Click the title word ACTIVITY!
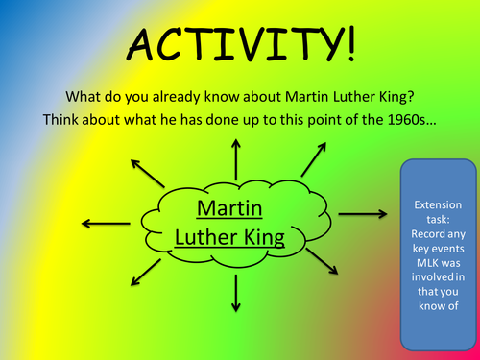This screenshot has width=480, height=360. pos(239,42)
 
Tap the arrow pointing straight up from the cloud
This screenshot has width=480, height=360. pos(235,157)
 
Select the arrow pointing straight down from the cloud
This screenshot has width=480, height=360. pos(235,292)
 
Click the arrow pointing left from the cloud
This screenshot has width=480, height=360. pos(100,223)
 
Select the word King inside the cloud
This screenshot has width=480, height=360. pos(265,236)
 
